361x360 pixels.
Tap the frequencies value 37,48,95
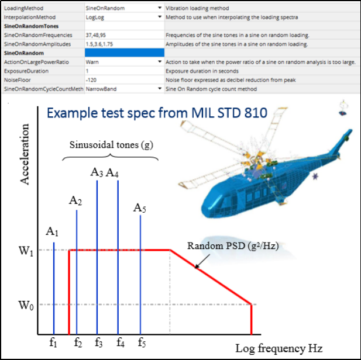coord(97,35)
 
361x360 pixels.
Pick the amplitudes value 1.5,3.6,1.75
coord(100,44)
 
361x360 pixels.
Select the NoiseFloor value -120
coord(91,78)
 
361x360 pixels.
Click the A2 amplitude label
coord(75,200)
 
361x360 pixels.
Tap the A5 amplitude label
coord(139,207)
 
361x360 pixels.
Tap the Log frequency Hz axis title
coord(279,348)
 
